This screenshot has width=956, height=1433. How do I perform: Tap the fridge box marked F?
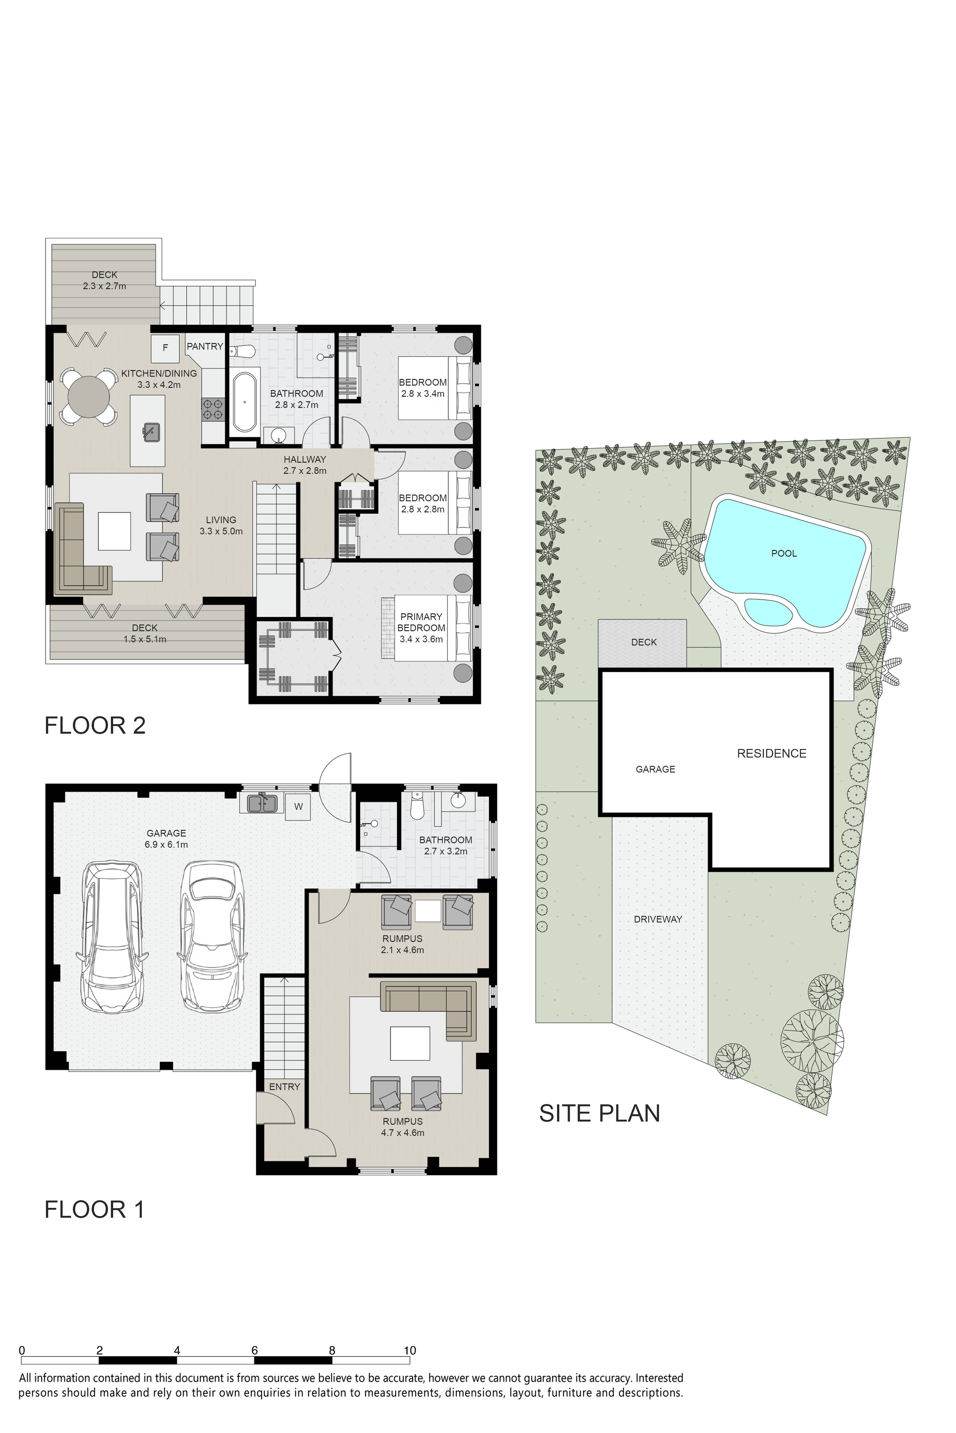click(165, 348)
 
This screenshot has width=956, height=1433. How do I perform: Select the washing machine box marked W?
click(298, 807)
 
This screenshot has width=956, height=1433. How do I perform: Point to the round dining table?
click(89, 397)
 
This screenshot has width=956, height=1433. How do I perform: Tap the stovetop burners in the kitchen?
click(212, 408)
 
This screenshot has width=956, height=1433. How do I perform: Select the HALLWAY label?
click(305, 460)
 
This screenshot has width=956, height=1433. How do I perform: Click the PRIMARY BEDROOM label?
click(421, 622)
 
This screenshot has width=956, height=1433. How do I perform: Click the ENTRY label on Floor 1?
click(285, 1086)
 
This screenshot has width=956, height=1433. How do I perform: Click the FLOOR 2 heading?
click(95, 726)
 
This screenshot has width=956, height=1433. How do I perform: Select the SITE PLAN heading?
click(599, 1113)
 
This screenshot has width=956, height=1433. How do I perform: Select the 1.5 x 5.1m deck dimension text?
click(144, 639)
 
